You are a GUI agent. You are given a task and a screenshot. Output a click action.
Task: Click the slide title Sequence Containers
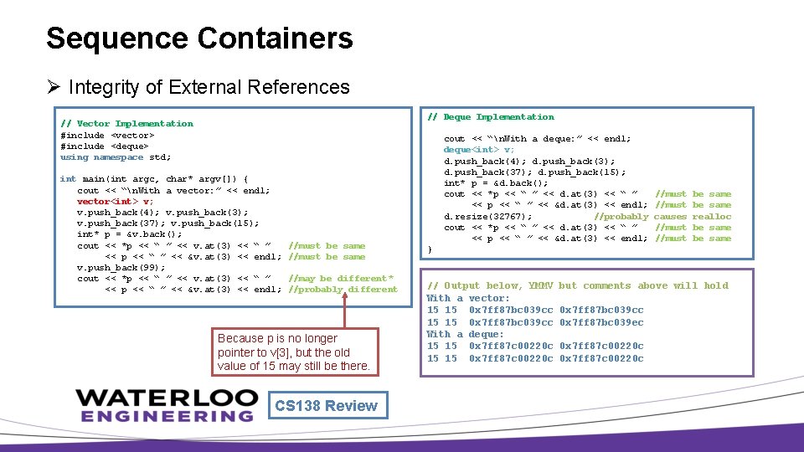tap(199, 39)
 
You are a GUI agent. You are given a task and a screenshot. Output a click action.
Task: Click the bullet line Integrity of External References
tap(209, 87)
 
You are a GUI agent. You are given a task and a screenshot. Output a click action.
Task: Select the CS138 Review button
tap(326, 406)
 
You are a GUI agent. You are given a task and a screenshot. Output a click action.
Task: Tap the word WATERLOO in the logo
tap(167, 398)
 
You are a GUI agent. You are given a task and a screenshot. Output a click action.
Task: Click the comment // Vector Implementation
tap(126, 124)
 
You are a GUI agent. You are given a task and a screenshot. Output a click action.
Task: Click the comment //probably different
tap(343, 290)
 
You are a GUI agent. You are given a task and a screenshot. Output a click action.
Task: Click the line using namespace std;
tap(116, 157)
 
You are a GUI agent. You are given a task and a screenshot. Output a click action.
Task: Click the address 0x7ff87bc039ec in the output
tap(601, 322)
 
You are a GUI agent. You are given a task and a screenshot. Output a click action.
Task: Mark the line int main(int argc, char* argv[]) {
tap(154, 179)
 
